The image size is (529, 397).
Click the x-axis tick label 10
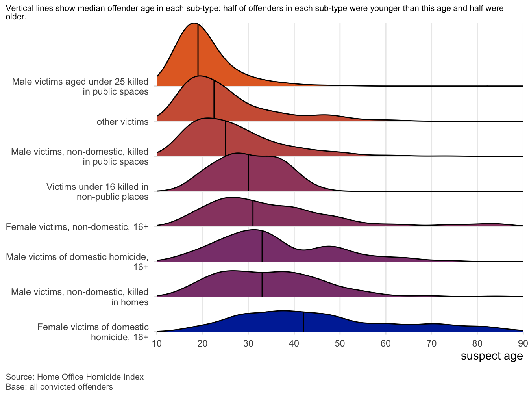(157, 343)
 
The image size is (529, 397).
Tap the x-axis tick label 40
(294, 343)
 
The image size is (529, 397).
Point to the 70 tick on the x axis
(431, 343)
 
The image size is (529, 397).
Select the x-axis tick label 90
(523, 343)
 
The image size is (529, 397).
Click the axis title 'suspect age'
(492, 356)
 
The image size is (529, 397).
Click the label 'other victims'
(122, 122)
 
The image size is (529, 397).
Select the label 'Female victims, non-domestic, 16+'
(77, 227)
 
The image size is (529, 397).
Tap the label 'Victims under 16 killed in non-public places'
(97, 191)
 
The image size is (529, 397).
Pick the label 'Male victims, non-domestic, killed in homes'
(80, 297)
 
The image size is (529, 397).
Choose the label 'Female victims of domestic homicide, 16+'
(93, 332)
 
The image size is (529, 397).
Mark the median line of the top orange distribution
(198, 55)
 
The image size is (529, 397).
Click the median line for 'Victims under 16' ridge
(248, 173)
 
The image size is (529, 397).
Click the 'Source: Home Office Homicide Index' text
(75, 377)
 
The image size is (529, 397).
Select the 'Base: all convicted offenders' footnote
(59, 387)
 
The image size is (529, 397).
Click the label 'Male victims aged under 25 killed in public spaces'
(80, 87)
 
